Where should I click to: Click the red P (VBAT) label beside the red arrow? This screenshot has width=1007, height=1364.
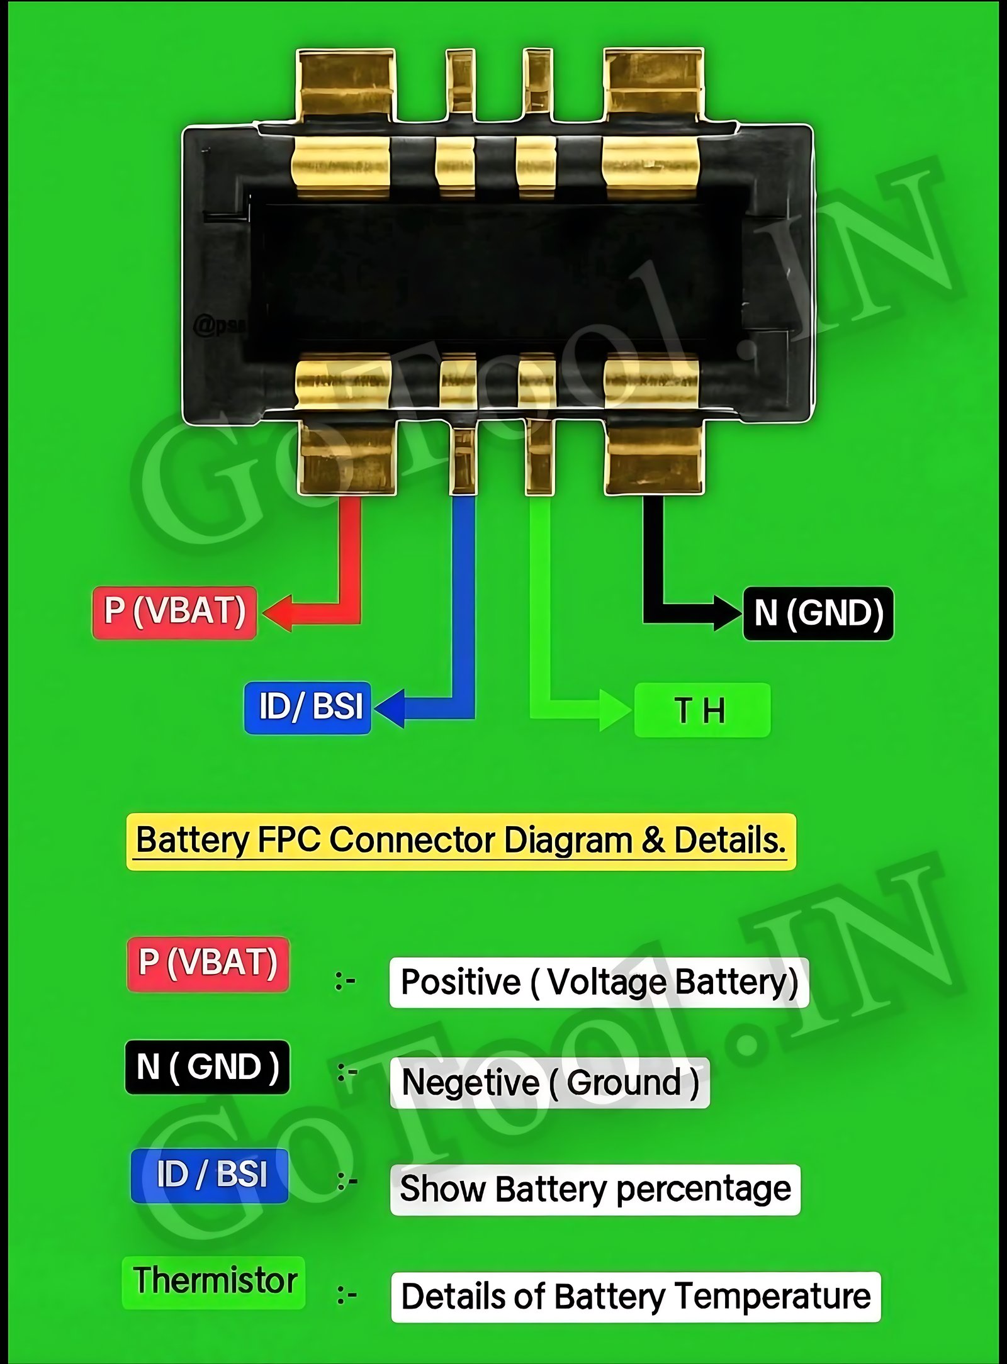click(174, 612)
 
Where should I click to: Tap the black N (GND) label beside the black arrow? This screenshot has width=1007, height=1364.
click(818, 613)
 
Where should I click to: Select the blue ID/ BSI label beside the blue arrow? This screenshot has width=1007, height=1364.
click(308, 707)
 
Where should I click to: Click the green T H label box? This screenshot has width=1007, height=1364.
click(702, 710)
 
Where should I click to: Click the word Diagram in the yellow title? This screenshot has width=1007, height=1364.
click(568, 841)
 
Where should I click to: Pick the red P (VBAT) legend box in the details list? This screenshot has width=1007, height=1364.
click(208, 964)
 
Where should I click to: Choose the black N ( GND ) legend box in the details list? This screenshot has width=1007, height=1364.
click(208, 1067)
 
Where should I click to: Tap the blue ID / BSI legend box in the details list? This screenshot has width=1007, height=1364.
click(210, 1175)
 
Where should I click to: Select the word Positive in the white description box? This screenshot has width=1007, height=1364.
click(461, 983)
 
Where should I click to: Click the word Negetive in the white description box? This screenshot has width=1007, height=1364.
click(470, 1083)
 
